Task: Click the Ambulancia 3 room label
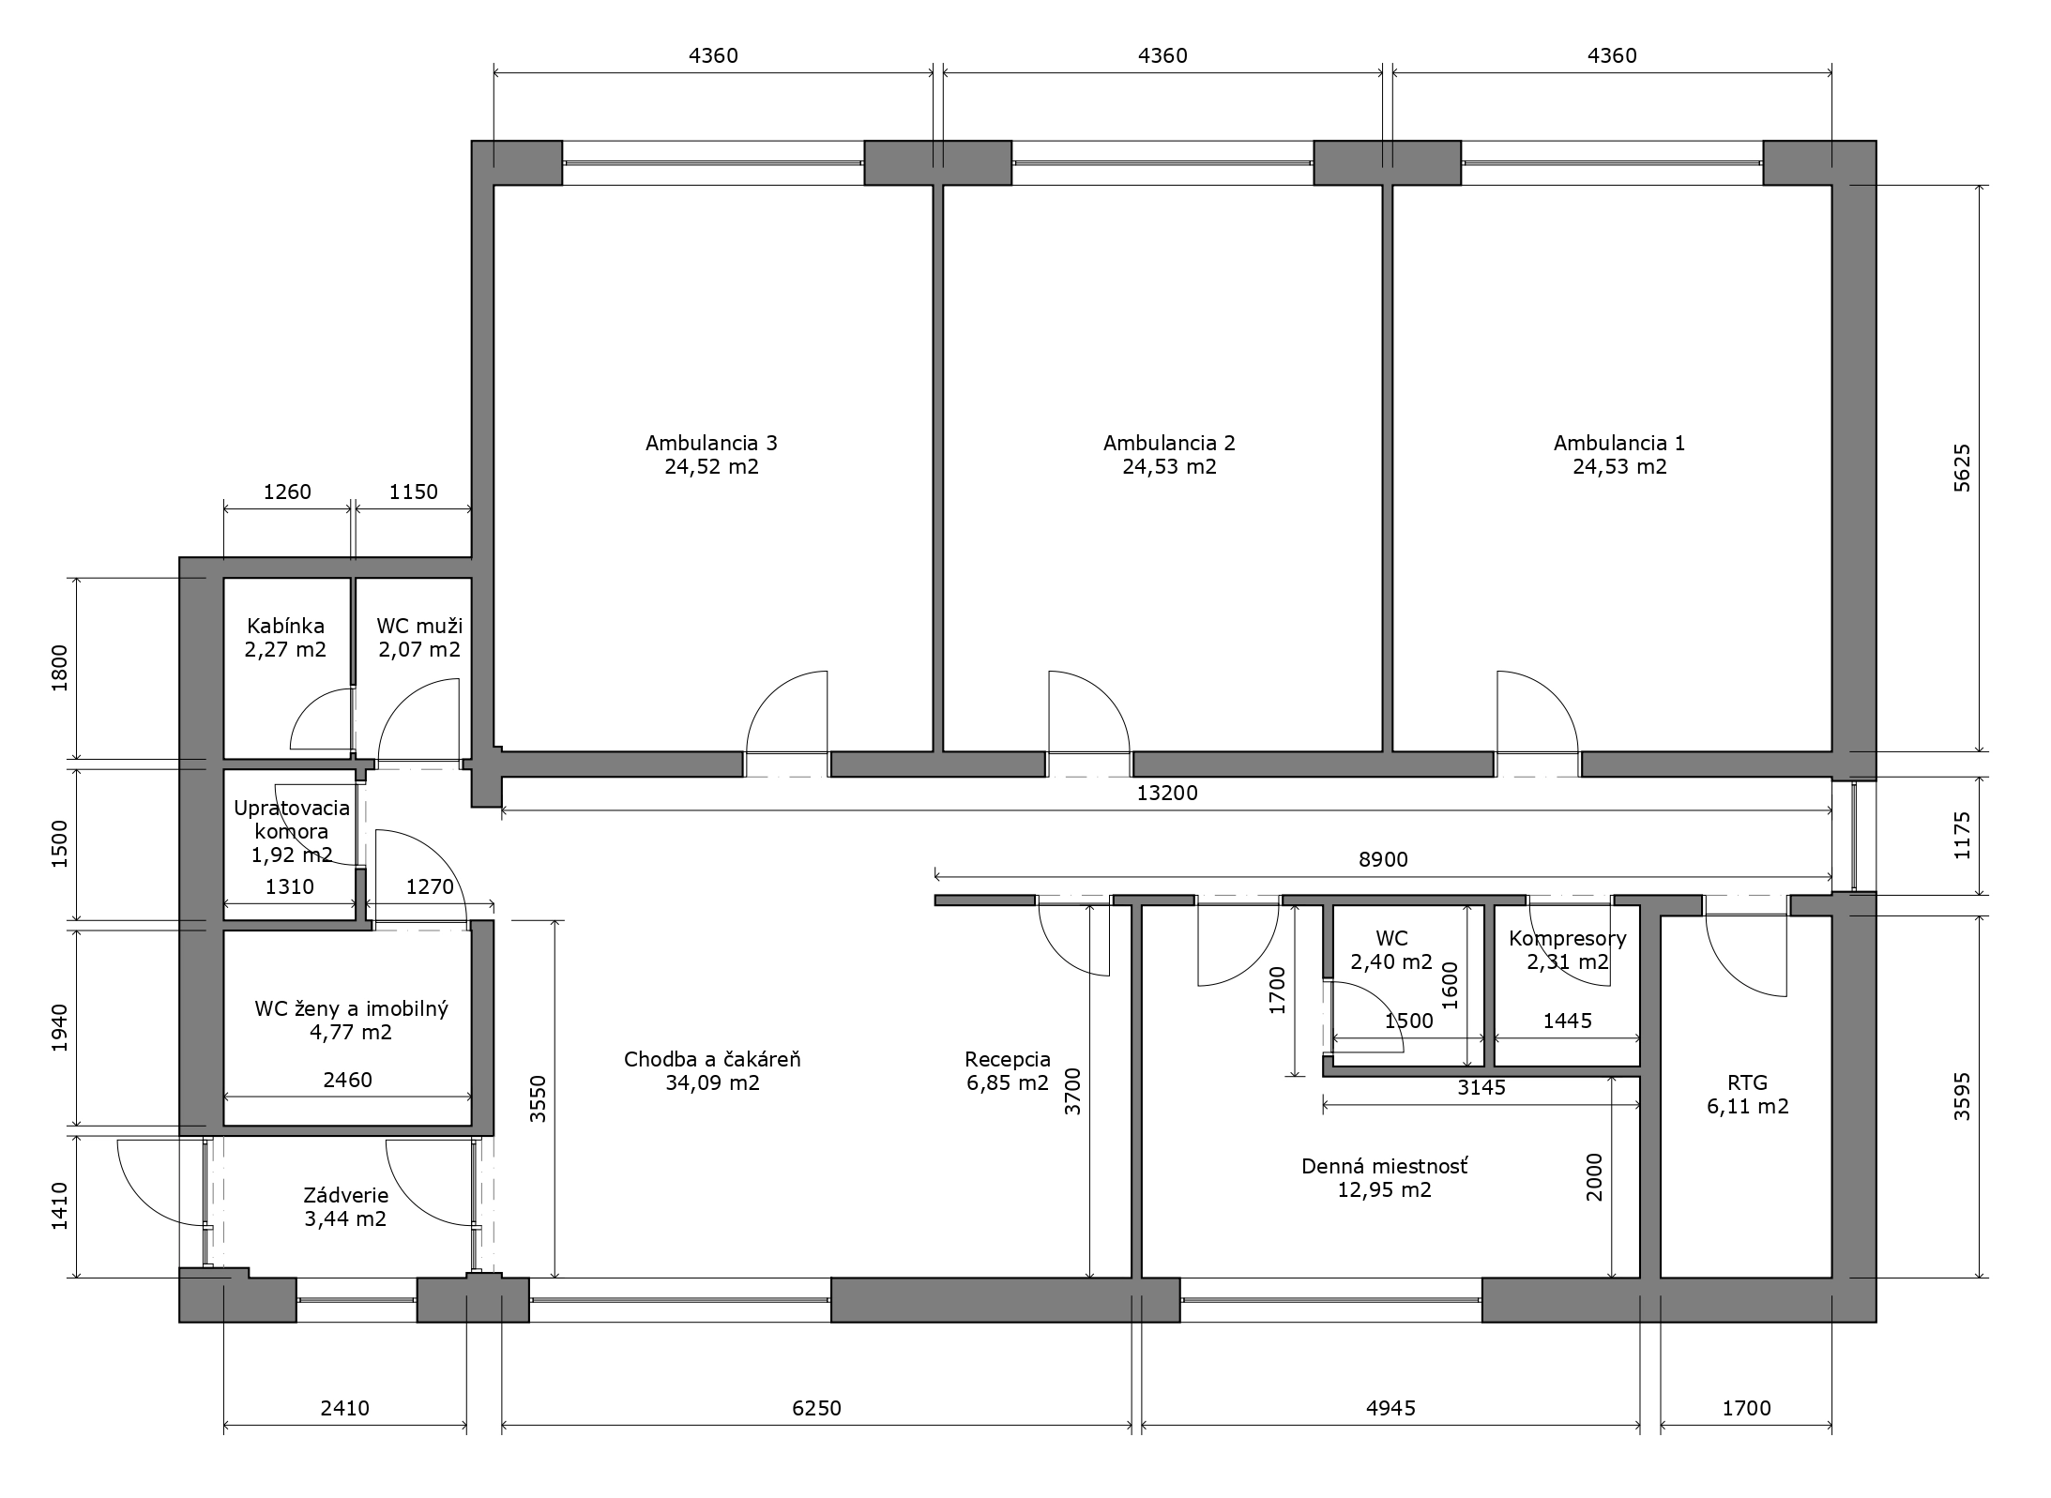pyautogui.click(x=711, y=443)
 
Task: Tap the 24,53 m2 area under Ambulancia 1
pyautogui.click(x=1619, y=467)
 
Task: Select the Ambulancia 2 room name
pyautogui.click(x=1169, y=443)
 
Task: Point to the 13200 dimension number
pyautogui.click(x=1167, y=793)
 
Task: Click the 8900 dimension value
pyautogui.click(x=1384, y=859)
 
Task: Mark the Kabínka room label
pyautogui.click(x=285, y=626)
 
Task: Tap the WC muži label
pyautogui.click(x=419, y=626)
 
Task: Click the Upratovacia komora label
pyautogui.click(x=291, y=819)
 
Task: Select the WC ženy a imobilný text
pyautogui.click(x=352, y=1009)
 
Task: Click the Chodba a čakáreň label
pyautogui.click(x=712, y=1060)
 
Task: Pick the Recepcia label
pyautogui.click(x=1008, y=1060)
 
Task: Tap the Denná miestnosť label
pyautogui.click(x=1385, y=1167)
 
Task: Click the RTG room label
pyautogui.click(x=1747, y=1082)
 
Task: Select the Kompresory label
pyautogui.click(x=1568, y=938)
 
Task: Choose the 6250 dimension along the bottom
pyautogui.click(x=816, y=1408)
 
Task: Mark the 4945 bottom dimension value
pyautogui.click(x=1390, y=1408)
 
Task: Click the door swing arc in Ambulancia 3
pyautogui.click(x=771, y=694)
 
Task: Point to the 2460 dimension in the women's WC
pyautogui.click(x=347, y=1080)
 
